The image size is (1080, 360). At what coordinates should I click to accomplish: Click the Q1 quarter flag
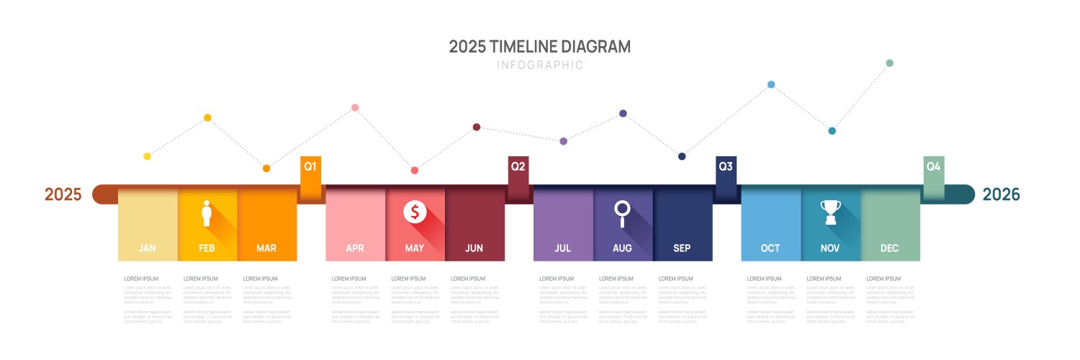pos(310,168)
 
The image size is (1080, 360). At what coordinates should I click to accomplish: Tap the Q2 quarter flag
pos(518,168)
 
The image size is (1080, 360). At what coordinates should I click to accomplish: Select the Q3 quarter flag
pos(726,168)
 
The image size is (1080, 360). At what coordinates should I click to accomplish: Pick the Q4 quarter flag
pos(934,168)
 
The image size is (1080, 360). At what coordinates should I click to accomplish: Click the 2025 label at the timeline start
pos(63,194)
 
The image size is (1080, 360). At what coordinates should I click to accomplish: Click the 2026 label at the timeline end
pos(1002,194)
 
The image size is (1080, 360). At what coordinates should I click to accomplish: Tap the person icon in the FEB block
pos(207,213)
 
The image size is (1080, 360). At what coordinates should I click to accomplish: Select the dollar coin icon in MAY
pos(415,212)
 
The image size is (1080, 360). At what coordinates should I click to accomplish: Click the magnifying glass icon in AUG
pos(622,213)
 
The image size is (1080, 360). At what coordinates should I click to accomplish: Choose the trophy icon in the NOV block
pos(830,212)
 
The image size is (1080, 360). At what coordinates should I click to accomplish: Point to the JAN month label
pos(148,248)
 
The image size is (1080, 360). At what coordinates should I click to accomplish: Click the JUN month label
pos(474,248)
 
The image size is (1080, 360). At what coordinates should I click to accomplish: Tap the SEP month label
pos(682,248)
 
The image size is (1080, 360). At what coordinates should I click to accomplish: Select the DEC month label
pos(890,248)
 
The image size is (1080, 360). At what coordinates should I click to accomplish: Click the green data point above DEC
pos(889,63)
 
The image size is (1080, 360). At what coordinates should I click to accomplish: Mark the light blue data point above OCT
pos(771,84)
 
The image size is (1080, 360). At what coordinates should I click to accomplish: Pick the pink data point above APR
pos(355,108)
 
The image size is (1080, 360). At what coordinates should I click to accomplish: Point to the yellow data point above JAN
pos(148,156)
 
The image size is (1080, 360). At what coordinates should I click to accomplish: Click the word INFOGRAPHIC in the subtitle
pos(540,66)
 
